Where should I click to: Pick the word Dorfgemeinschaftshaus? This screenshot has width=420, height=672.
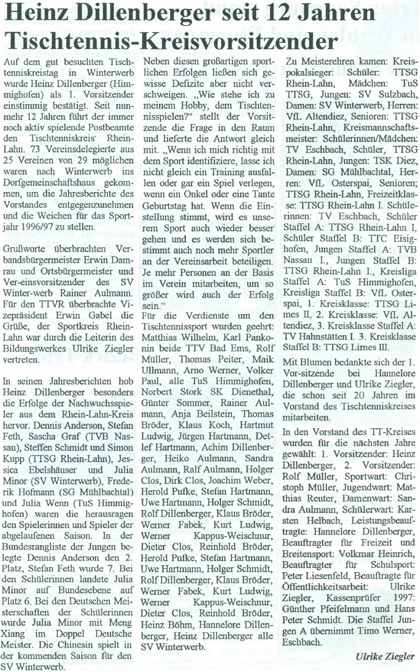(x=46, y=174)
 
